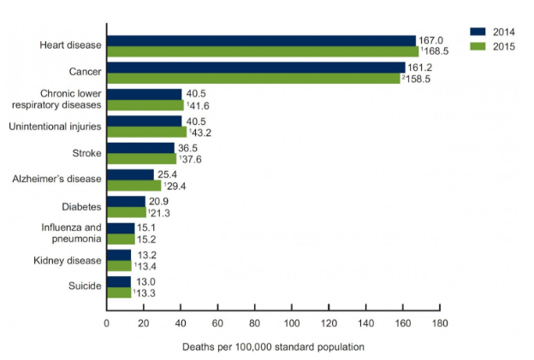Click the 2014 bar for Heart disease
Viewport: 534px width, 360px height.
[x=261, y=40]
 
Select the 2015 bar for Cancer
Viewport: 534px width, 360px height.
[x=253, y=78]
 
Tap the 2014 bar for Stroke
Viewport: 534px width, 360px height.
[x=140, y=148]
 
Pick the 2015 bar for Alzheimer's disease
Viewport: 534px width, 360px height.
[x=133, y=186]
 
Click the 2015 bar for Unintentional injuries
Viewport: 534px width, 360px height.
[x=146, y=132]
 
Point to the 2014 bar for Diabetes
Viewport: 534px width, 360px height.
[x=126, y=201]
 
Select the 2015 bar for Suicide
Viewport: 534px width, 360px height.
[x=119, y=292]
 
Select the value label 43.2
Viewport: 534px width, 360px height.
[x=201, y=133]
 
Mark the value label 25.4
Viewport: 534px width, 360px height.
[x=168, y=174]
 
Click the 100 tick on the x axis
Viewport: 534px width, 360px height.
[x=292, y=323]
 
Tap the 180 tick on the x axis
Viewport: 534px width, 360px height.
[x=440, y=323]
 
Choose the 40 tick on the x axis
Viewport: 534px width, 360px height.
[x=181, y=323]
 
